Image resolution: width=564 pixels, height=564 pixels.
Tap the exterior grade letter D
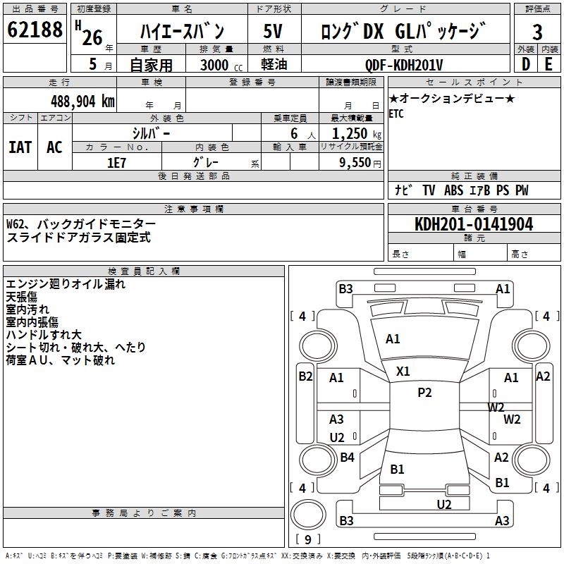[x=525, y=64]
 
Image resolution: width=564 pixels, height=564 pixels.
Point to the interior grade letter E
[x=548, y=64]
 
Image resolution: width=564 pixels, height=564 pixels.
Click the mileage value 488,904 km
[x=82, y=101]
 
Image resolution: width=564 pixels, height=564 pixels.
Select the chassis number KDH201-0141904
[x=474, y=225]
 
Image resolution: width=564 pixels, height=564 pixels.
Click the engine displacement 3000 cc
[x=219, y=65]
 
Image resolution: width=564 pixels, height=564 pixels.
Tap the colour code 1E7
[x=117, y=162]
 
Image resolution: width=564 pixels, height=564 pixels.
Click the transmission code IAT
[x=20, y=147]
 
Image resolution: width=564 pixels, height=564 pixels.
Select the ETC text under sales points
[x=396, y=114]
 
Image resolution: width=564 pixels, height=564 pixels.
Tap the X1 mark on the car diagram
[x=403, y=371]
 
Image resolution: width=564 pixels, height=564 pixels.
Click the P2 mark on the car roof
[x=424, y=393]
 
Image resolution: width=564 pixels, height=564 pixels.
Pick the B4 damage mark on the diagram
[x=347, y=458]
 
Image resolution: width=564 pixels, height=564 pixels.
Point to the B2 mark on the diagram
[x=305, y=376]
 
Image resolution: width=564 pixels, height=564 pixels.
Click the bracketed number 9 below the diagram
[x=307, y=540]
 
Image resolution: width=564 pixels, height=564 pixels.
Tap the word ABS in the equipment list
[x=453, y=190]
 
